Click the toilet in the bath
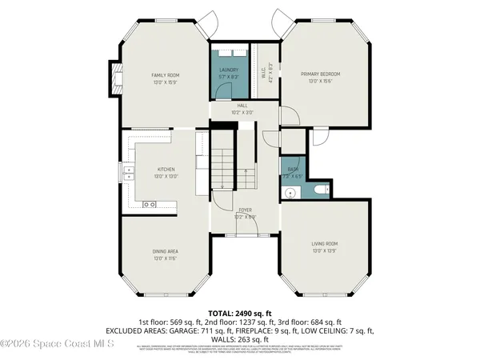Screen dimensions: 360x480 (x=320, y=190)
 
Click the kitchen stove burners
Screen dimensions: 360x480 (x=149, y=205)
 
